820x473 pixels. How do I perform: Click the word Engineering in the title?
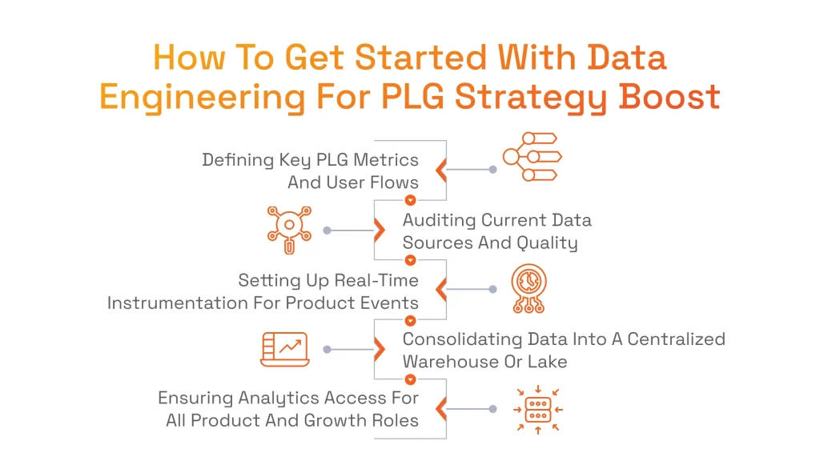pyautogui.click(x=202, y=98)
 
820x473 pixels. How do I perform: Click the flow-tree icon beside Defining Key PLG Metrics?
pyautogui.click(x=530, y=156)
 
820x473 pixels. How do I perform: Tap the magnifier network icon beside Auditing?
pyautogui.click(x=288, y=230)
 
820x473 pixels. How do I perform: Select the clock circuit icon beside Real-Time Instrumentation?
pyautogui.click(x=529, y=288)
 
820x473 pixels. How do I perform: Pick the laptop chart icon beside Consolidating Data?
pyautogui.click(x=284, y=350)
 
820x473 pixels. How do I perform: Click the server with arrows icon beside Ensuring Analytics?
pyautogui.click(x=537, y=409)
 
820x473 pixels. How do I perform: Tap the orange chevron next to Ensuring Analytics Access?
pyautogui.click(x=440, y=409)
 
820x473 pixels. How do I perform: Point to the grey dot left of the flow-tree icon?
pyautogui.click(x=492, y=170)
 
